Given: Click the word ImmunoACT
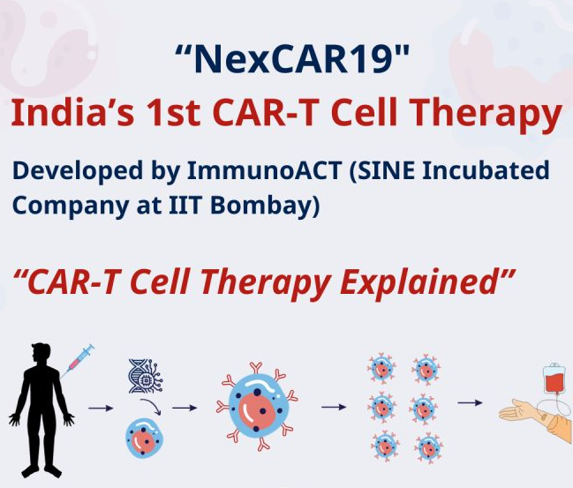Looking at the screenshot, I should point(248,169).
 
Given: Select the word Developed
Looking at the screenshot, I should point(75,169).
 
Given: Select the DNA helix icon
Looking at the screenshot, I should point(144,374).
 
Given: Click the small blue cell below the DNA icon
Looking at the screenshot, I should point(143,436).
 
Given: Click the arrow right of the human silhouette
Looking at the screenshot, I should point(100,409).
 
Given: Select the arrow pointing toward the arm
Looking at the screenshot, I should point(470,403).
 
